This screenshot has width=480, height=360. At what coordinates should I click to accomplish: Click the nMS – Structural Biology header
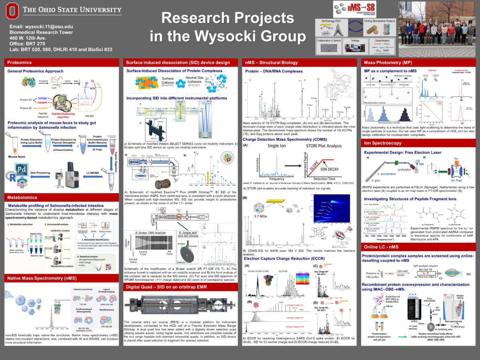click(271, 62)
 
